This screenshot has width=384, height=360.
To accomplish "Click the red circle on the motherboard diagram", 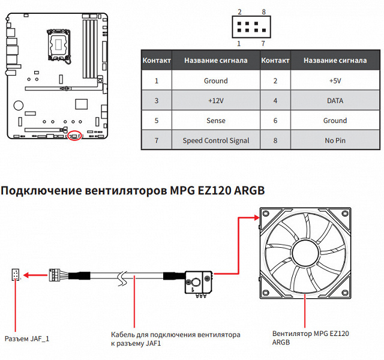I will coord(74,136).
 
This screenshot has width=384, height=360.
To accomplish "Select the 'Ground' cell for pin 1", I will coord(215,81).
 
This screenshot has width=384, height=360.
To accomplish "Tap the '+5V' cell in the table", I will coord(335,81).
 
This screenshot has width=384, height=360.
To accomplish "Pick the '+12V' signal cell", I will coord(215,101).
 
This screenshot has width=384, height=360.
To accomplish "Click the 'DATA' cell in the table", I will coord(335,101).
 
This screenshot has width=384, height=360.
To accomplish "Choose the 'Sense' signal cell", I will coord(215,121).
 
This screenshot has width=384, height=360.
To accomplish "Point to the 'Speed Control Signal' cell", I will coord(215,140).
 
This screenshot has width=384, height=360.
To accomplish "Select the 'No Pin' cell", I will coord(335,140).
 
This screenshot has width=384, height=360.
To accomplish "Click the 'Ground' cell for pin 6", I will coord(335,121).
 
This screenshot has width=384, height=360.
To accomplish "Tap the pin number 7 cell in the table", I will coord(157,140).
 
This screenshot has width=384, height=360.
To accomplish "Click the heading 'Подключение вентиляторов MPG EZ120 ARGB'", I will coord(133,191).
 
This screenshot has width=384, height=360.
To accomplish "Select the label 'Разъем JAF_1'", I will coord(26,338).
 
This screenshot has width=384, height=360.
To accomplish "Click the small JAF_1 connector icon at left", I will coord(15,275).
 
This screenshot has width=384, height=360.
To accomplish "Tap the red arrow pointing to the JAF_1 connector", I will coord(37,275).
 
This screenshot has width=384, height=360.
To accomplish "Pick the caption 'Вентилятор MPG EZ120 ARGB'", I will coord(310,337).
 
